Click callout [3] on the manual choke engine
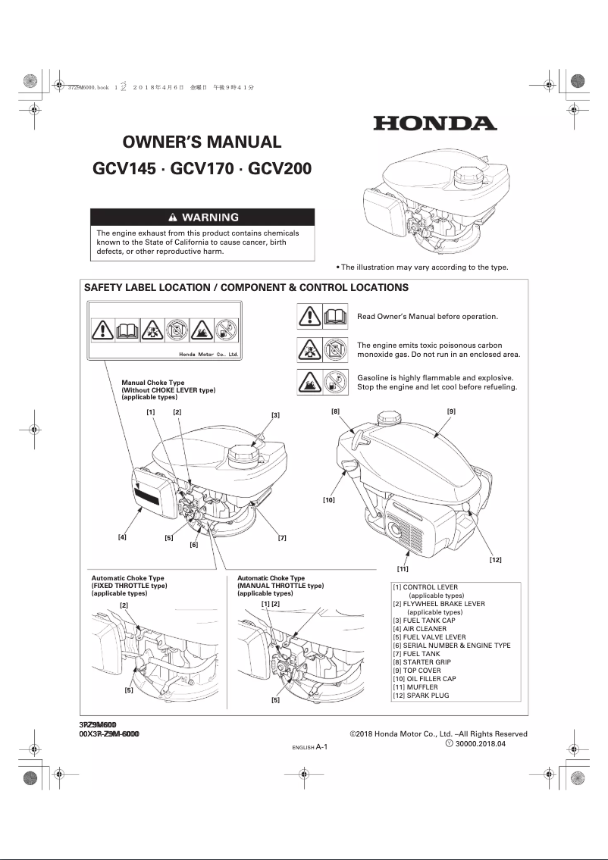(x=275, y=414)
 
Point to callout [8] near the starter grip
(x=335, y=411)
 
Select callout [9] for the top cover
(x=451, y=411)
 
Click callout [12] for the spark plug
(x=495, y=559)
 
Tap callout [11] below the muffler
(x=403, y=568)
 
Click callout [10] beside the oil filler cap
(x=328, y=500)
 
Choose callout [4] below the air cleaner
(x=121, y=536)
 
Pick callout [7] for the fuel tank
(x=281, y=537)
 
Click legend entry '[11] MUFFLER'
(x=415, y=687)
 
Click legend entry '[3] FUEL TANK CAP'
(x=424, y=621)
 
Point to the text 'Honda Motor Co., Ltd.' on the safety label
(x=208, y=354)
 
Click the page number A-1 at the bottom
(x=321, y=746)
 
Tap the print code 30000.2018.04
(x=481, y=744)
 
